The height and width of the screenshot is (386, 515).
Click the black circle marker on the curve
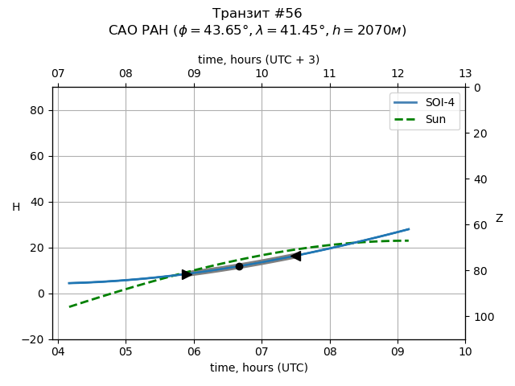tap(239, 266)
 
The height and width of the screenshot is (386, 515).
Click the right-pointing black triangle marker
tap(187, 274)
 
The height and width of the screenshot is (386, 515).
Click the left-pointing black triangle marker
tap(295, 256)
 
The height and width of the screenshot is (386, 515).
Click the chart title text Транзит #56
tap(257, 14)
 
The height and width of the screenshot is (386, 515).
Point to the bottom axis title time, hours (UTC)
tap(259, 368)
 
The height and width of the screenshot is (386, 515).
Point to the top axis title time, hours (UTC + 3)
tap(259, 60)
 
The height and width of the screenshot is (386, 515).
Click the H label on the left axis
tap(16, 207)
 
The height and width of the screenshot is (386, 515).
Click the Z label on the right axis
tap(499, 219)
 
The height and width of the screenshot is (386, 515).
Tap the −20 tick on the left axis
tap(36, 339)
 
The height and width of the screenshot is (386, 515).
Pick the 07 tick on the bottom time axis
tap(262, 352)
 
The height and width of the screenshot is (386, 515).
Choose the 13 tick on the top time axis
tap(465, 74)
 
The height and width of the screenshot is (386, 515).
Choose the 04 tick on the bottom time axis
tap(58, 352)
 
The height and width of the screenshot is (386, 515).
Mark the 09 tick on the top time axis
tap(194, 74)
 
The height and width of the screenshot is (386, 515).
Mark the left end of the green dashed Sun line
tap(69, 306)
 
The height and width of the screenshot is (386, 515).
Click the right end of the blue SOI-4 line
tap(409, 229)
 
